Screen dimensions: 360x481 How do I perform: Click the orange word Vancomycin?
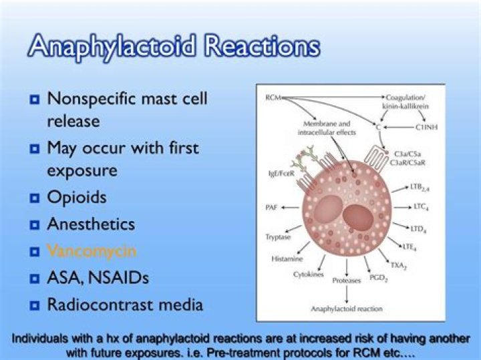(92, 251)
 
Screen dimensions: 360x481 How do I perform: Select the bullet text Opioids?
(76, 198)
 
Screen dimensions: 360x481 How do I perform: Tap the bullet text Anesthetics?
(91, 224)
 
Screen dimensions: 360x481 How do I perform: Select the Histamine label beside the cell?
(287, 258)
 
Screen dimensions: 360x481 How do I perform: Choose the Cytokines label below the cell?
(309, 274)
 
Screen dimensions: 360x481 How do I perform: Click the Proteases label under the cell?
(347, 281)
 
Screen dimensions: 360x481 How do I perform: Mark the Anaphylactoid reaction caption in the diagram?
(346, 309)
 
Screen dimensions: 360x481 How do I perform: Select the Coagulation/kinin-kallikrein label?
(407, 102)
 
